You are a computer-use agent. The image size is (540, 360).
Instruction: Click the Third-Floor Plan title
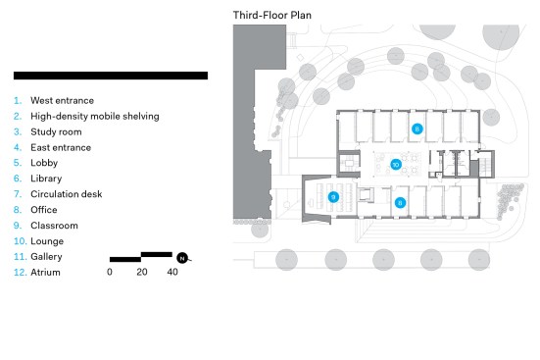272,15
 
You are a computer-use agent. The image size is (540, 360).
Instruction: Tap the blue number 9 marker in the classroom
333,197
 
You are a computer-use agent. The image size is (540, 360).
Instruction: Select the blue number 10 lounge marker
396,165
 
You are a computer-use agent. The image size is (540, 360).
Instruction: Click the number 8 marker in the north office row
417,129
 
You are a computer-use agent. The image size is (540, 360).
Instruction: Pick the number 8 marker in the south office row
400,203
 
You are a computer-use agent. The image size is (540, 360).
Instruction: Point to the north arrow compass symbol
183,258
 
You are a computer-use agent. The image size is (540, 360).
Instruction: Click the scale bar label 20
142,272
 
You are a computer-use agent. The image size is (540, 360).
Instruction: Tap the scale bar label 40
172,272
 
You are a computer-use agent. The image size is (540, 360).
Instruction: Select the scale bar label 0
110,272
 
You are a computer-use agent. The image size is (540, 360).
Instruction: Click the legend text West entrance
63,101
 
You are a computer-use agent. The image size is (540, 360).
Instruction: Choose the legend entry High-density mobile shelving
95,116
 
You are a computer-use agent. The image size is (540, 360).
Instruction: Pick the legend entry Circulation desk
66,194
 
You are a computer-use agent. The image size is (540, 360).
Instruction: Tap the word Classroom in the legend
54,226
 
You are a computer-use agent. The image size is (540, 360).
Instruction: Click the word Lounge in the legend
47,241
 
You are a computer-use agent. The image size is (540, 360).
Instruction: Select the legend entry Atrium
45,273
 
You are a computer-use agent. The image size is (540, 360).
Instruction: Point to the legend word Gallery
46,257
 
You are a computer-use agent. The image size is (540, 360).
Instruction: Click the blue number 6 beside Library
18,179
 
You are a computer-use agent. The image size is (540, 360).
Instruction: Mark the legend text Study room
56,132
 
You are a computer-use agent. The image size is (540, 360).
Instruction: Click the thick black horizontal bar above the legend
111,76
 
